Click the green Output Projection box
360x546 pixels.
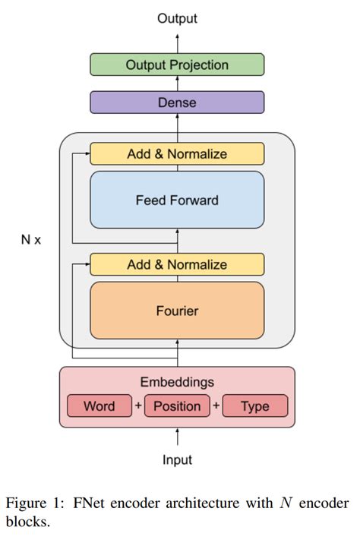[177, 65]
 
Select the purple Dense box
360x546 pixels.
[177, 102]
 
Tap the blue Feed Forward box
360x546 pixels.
[177, 200]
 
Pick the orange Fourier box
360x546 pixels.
[177, 311]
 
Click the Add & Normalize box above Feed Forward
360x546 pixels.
[177, 154]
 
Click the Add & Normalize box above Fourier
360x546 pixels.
[177, 265]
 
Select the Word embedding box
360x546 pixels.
[99, 406]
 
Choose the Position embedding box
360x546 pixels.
[177, 406]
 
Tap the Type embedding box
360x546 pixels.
[254, 406]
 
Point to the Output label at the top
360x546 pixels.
[177, 18]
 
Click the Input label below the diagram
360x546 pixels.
[177, 459]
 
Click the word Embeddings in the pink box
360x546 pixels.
[177, 382]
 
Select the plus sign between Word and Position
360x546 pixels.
[138, 406]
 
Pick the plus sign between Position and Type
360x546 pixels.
[216, 406]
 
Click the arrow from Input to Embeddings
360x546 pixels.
[177, 437]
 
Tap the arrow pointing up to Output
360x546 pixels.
[177, 40]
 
